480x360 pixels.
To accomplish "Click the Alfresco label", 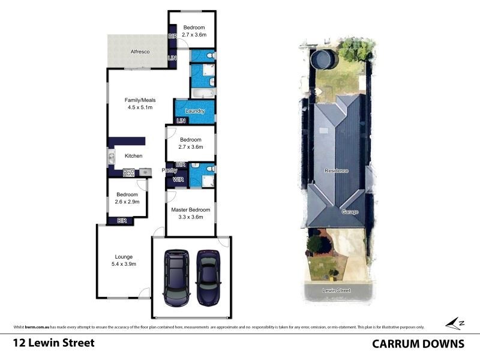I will (x=140, y=52).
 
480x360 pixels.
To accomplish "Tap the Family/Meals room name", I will (x=139, y=100).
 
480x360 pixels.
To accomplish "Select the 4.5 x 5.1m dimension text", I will (x=139, y=108).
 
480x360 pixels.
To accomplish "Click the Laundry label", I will (x=195, y=111).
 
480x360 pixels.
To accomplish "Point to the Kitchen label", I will (x=133, y=156).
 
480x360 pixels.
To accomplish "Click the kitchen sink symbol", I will (x=112, y=158).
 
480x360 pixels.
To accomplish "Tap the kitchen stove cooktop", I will (x=129, y=173).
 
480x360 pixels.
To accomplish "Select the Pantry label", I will (x=169, y=171).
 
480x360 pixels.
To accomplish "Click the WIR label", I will (x=178, y=179).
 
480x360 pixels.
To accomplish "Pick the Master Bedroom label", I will (x=191, y=209).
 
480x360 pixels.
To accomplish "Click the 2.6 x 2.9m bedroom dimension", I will (x=127, y=202).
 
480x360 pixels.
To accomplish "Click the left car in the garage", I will (x=176, y=275).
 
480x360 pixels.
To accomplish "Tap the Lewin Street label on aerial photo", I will (x=336, y=290).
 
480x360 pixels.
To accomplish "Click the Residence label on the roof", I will (x=337, y=171).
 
